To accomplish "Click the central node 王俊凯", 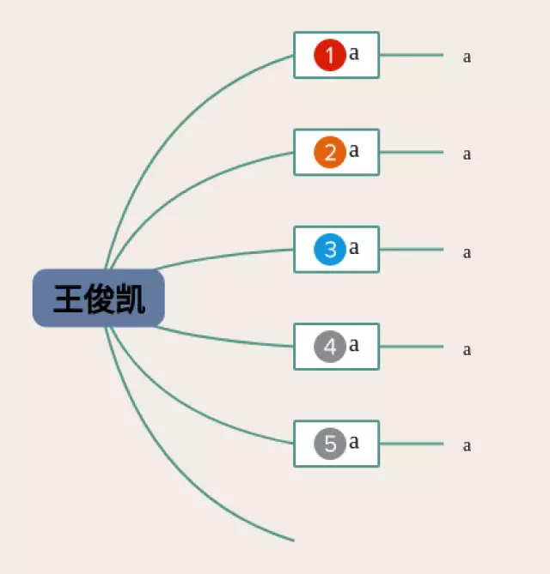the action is tap(99, 298).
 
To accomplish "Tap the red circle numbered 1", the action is tap(330, 55).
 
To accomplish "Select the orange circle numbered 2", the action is tap(330, 152).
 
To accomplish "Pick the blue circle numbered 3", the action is tap(330, 250).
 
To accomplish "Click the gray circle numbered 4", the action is tap(330, 347).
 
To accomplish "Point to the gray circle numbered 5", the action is tap(330, 444).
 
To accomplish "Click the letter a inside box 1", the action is tap(354, 53).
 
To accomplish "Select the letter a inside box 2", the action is tap(354, 150).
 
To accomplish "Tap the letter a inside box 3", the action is tap(354, 248).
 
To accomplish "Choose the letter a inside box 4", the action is tap(354, 345).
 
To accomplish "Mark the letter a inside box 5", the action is tap(354, 442).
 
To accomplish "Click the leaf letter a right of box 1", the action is tap(467, 57).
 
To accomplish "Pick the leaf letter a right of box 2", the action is tap(467, 154).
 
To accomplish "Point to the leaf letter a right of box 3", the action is tap(467, 253).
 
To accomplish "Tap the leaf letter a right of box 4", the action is tap(467, 350).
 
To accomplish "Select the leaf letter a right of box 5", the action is tap(467, 446).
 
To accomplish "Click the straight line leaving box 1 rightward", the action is tap(412, 55).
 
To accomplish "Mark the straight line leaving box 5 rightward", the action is tap(412, 444).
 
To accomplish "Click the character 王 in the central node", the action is tap(68, 299).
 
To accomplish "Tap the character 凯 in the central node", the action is tap(130, 299).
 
